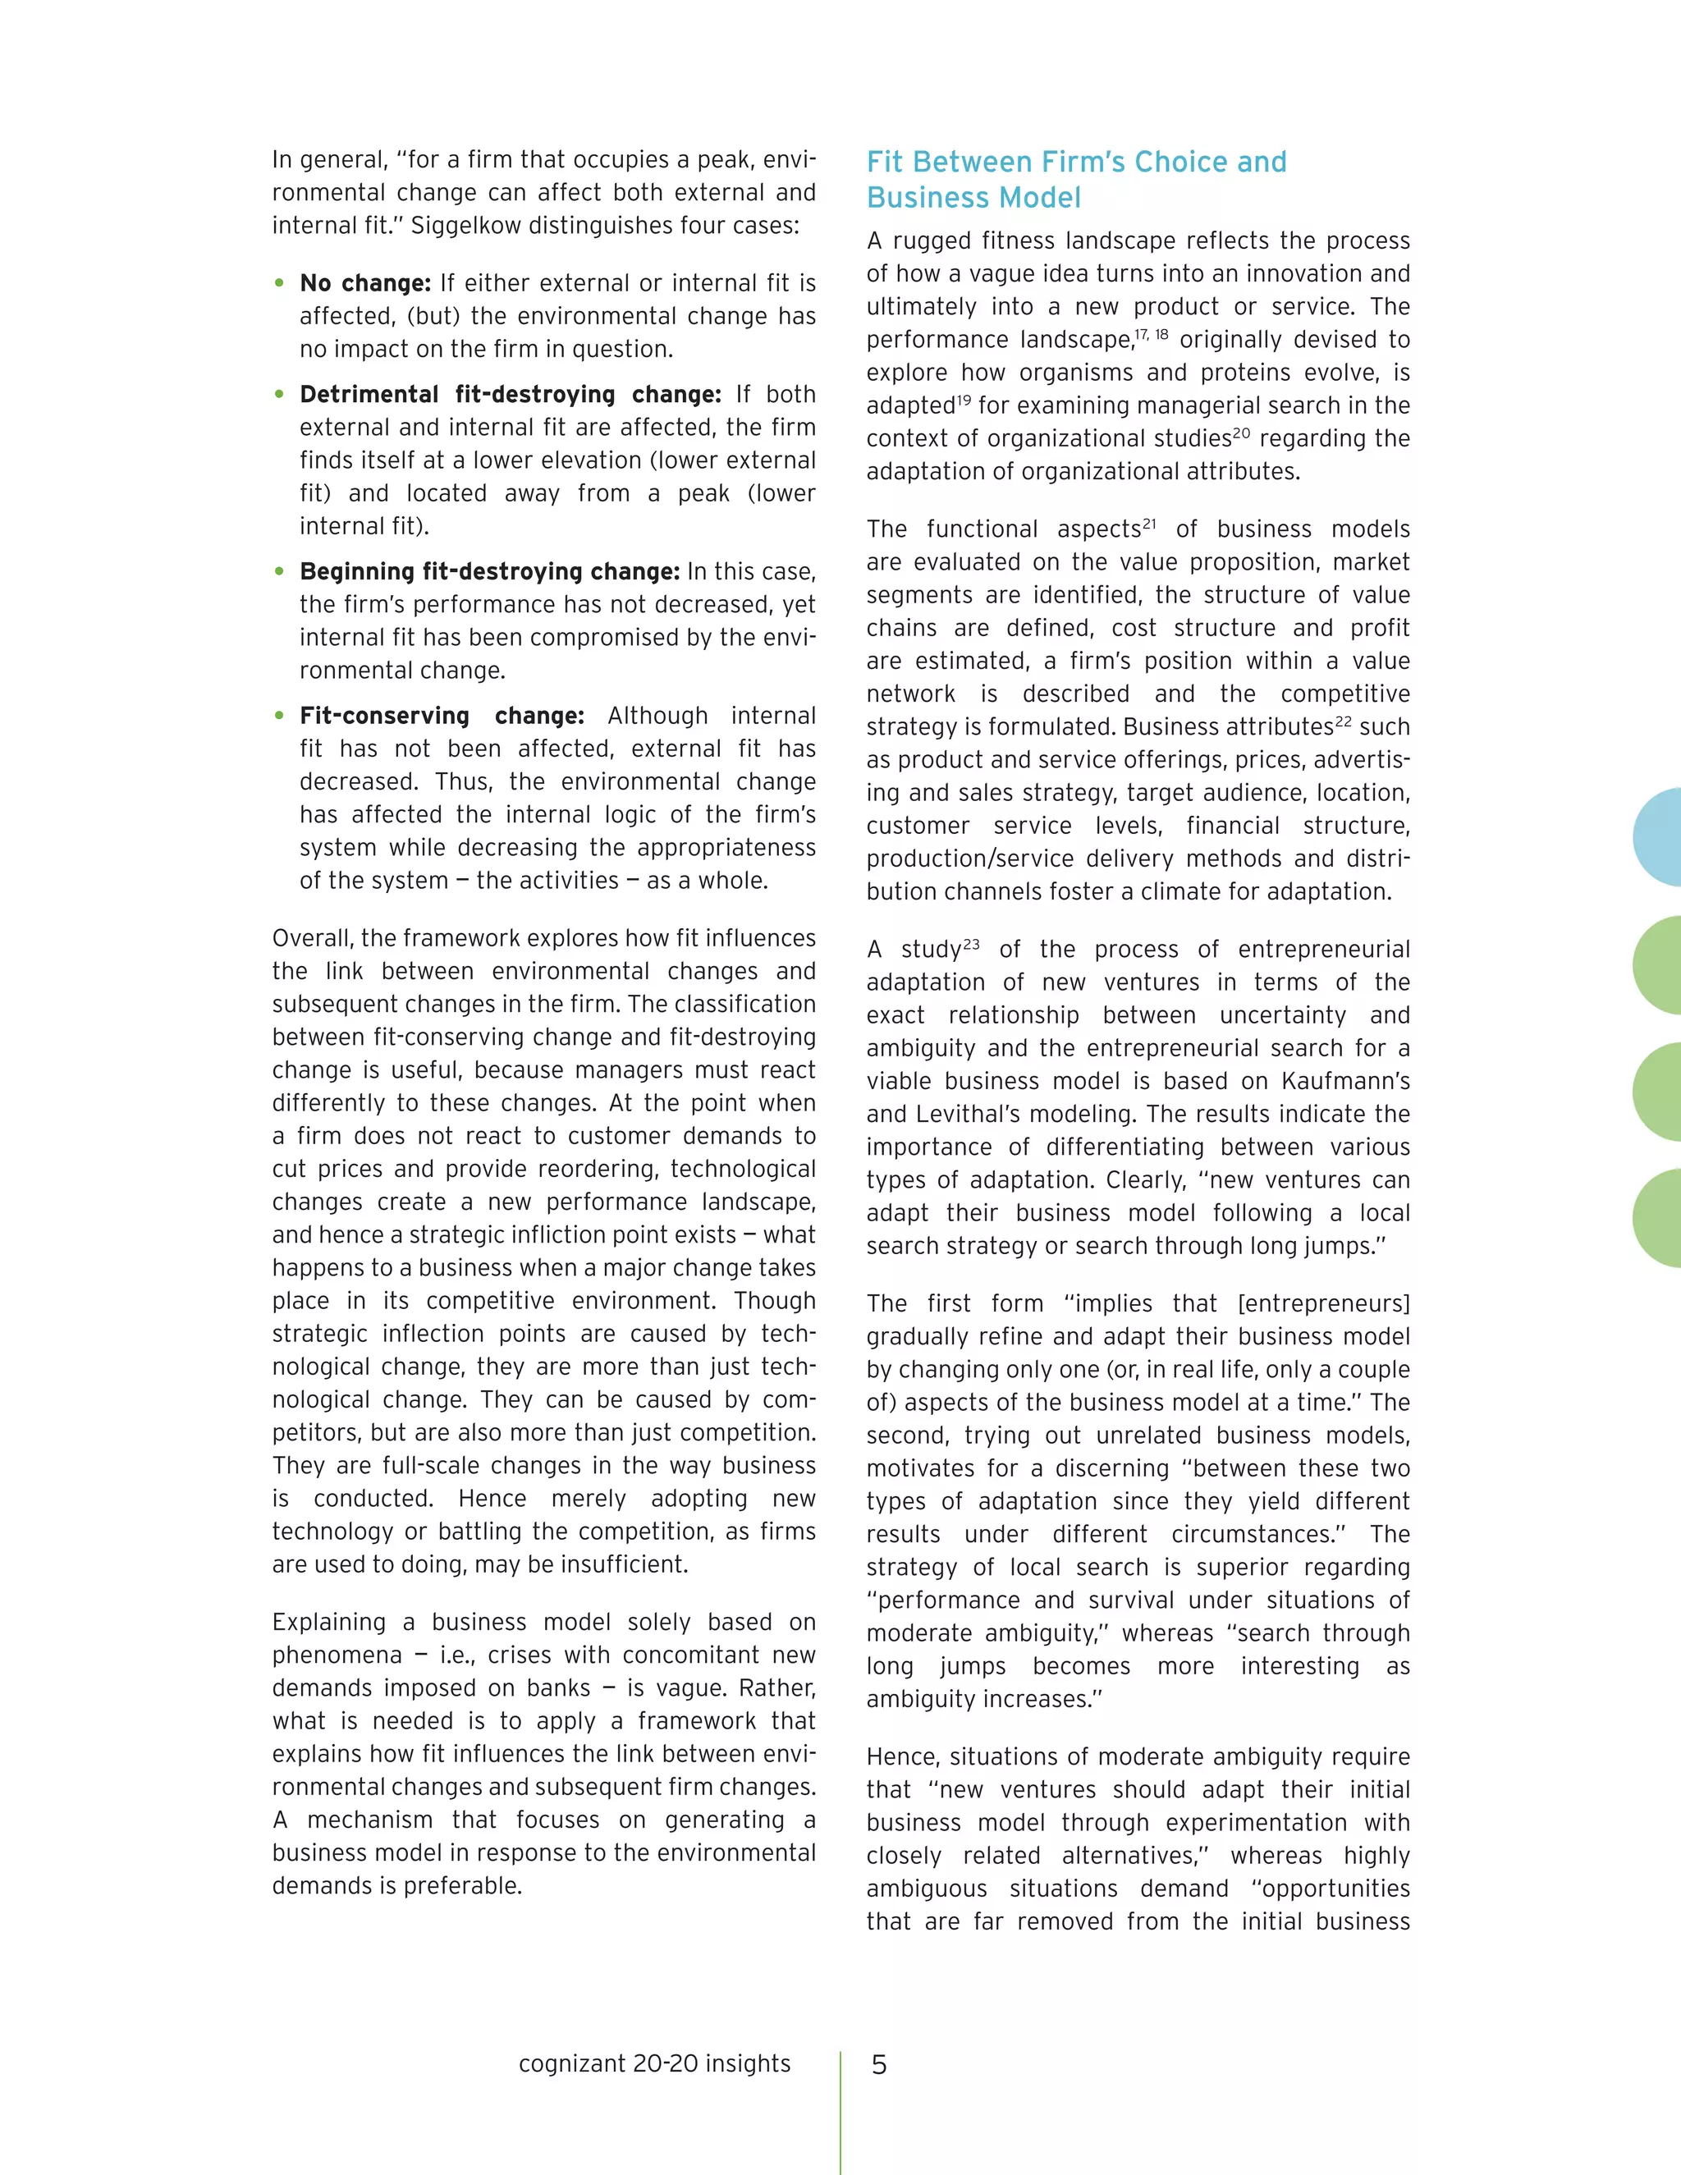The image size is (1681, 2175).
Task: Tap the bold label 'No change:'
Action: pyautogui.click(x=364, y=284)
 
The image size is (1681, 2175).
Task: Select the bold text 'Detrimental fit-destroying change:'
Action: pyautogui.click(x=510, y=394)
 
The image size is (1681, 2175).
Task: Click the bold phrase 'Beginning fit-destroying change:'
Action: pyautogui.click(x=489, y=571)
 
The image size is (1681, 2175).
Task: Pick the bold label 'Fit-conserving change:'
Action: pyautogui.click(x=441, y=716)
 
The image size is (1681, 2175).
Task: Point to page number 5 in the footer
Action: pyautogui.click(x=878, y=2064)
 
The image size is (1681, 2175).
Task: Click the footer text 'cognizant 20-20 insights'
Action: pyautogui.click(x=654, y=2063)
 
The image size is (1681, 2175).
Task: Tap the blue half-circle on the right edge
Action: pyautogui.click(x=1658, y=836)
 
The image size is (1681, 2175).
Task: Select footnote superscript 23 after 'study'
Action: pyautogui.click(x=971, y=943)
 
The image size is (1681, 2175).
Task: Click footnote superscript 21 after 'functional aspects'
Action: pyautogui.click(x=1149, y=523)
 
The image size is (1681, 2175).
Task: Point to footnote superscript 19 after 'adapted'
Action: pyautogui.click(x=963, y=400)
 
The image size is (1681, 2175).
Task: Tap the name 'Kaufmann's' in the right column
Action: pyautogui.click(x=1345, y=1082)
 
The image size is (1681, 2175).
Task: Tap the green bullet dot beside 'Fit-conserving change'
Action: pyautogui.click(x=279, y=716)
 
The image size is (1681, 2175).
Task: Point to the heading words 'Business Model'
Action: pyautogui.click(x=973, y=198)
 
